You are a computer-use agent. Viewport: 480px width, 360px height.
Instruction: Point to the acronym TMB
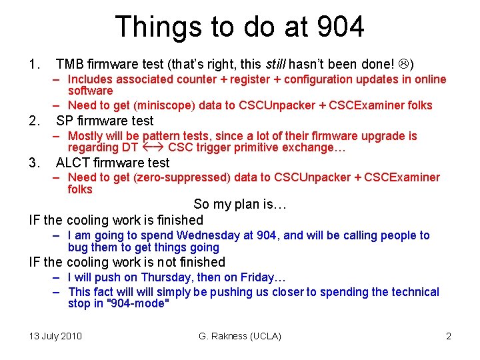pyautogui.click(x=70, y=65)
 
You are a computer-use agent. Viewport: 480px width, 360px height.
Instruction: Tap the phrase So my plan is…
pyautogui.click(x=240, y=204)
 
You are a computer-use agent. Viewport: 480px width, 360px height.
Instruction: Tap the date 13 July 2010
pyautogui.click(x=55, y=336)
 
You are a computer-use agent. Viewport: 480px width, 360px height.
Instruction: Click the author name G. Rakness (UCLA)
pyautogui.click(x=240, y=336)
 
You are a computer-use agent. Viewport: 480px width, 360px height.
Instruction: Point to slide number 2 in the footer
pyautogui.click(x=449, y=336)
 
